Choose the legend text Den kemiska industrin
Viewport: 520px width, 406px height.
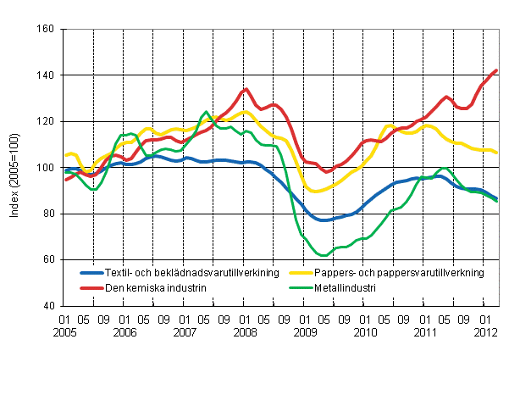[153, 287]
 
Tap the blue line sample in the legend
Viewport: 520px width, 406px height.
[90, 273]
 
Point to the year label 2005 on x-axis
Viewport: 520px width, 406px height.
[64, 334]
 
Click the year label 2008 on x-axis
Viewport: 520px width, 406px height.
[245, 334]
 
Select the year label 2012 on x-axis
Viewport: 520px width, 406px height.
[484, 334]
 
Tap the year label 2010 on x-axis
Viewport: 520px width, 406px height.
[365, 334]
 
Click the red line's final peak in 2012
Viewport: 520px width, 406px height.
[496, 70]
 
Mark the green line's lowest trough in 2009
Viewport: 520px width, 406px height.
[323, 255]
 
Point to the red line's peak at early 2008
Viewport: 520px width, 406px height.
[245, 89]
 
